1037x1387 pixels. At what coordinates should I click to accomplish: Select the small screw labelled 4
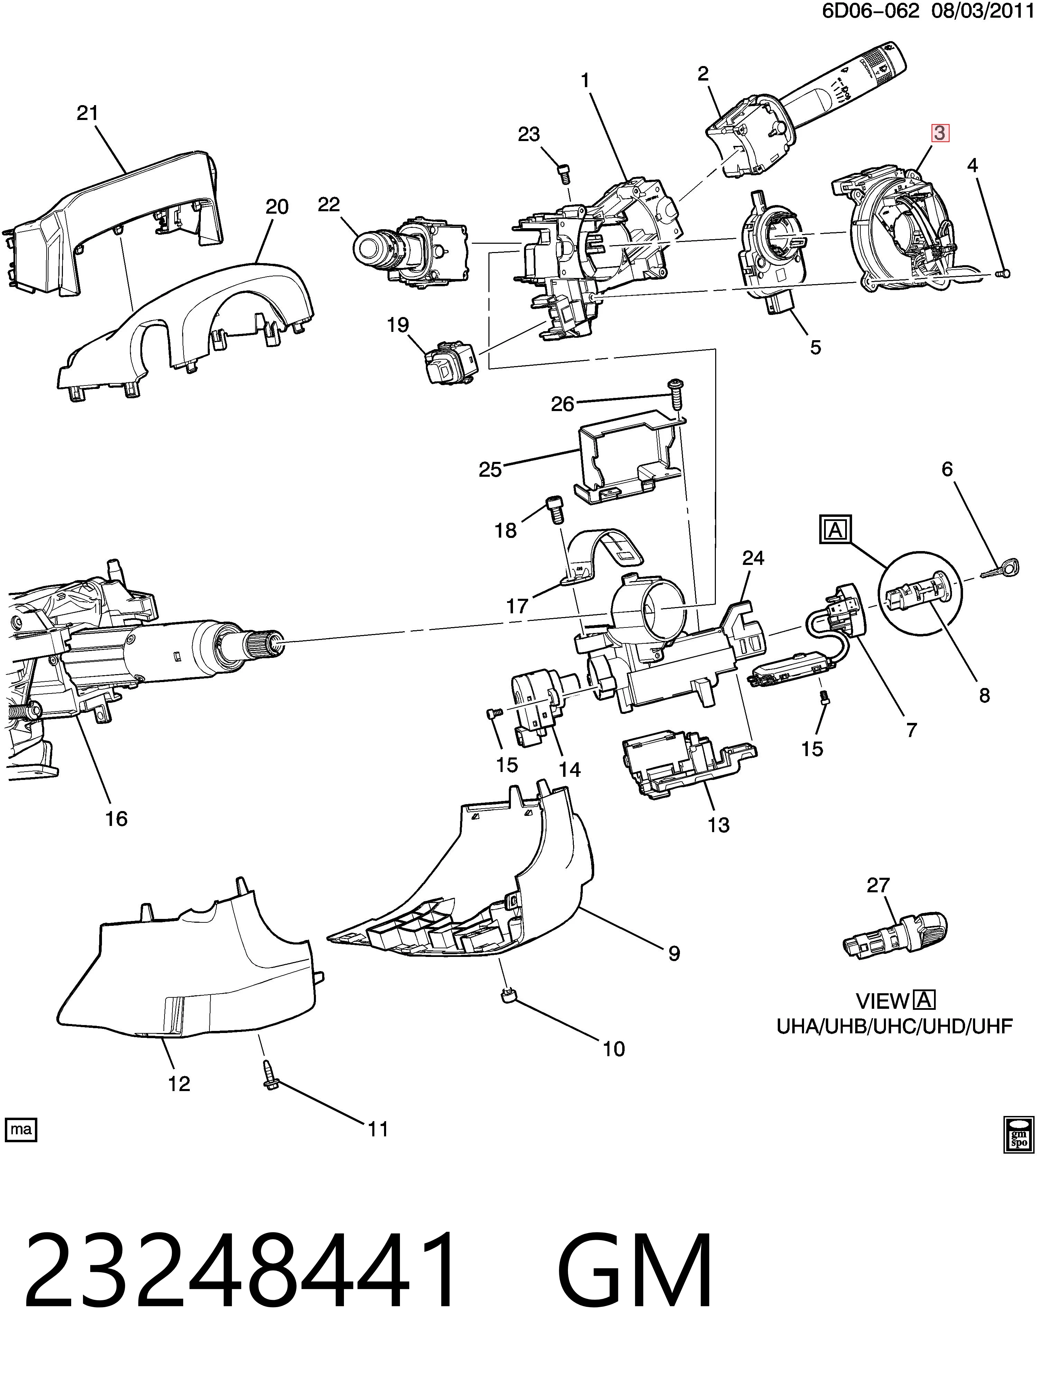point(1003,273)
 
